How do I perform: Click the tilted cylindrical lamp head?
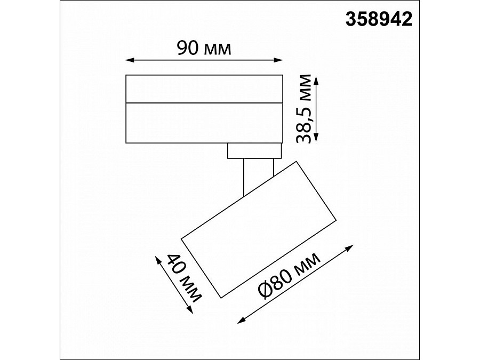pos(259,228)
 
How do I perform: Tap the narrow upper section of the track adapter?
pos(204,88)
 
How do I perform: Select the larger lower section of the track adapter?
pos(204,122)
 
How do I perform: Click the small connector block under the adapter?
pos(254,151)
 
